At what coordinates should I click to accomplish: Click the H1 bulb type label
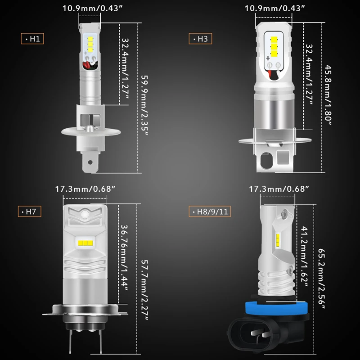(32, 39)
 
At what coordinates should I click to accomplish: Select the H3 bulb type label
(200, 39)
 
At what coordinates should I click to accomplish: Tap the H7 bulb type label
(30, 211)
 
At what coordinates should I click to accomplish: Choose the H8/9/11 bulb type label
(210, 211)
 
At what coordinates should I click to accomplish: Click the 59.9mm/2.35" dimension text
(144, 106)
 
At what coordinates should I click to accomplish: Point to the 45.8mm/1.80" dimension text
(328, 95)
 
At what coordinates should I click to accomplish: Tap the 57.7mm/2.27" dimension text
(144, 290)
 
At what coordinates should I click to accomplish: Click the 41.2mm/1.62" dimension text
(305, 256)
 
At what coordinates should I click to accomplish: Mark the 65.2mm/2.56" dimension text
(322, 279)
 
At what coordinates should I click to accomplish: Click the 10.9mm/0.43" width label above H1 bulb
(93, 8)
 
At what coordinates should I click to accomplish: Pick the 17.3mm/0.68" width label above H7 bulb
(85, 189)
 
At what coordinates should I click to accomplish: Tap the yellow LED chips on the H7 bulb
(85, 243)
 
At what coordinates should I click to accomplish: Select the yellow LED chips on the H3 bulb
(274, 47)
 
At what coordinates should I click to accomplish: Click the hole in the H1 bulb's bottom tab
(90, 162)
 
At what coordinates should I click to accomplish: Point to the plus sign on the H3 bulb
(268, 58)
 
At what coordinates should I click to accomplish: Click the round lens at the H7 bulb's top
(85, 215)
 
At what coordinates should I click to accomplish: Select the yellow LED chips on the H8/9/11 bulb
(278, 240)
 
